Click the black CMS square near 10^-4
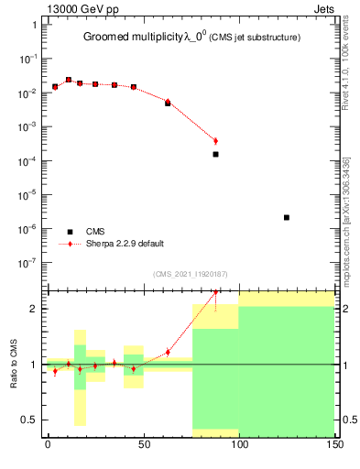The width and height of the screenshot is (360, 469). tap(215, 154)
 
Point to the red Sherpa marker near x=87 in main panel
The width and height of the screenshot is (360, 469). tap(215, 141)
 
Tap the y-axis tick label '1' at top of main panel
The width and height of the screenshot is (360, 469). tap(34, 26)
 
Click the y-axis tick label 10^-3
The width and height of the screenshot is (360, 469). tap(28, 127)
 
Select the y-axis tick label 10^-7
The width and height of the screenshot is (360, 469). tap(28, 262)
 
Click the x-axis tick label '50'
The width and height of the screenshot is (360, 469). tap(144, 446)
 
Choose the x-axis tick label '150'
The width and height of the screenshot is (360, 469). tap(334, 446)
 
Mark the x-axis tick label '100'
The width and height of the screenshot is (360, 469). tap(239, 446)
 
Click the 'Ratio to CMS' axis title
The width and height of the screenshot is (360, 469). tap(14, 364)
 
